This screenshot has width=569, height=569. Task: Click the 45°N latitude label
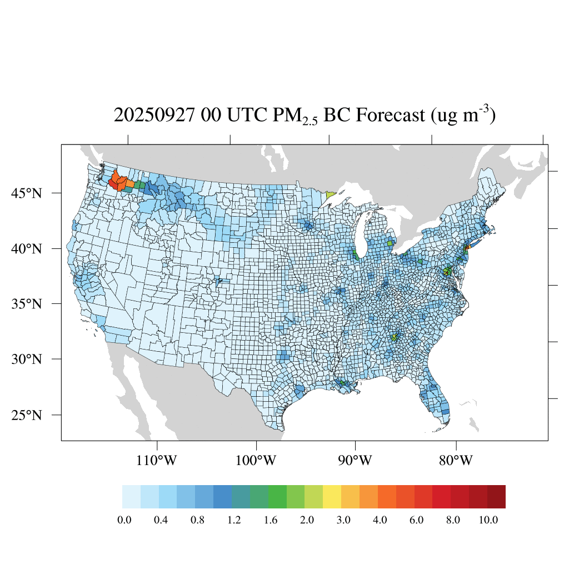tap(26, 193)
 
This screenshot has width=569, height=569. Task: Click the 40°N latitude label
tap(26, 248)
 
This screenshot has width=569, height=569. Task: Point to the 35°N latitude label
tap(26, 304)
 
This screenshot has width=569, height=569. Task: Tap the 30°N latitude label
tap(26, 359)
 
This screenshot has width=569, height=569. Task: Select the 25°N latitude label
tap(26, 415)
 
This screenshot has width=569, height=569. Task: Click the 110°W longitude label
tap(157, 461)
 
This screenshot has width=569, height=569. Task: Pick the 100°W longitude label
tap(256, 461)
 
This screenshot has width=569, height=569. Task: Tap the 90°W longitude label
tap(355, 461)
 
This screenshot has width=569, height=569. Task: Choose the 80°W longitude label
tap(456, 461)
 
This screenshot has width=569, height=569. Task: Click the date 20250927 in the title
tap(154, 116)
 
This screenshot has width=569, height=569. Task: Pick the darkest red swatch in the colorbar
tap(496, 497)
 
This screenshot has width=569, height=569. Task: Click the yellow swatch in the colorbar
tap(332, 497)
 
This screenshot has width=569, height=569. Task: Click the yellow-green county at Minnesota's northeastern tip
tap(331, 195)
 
